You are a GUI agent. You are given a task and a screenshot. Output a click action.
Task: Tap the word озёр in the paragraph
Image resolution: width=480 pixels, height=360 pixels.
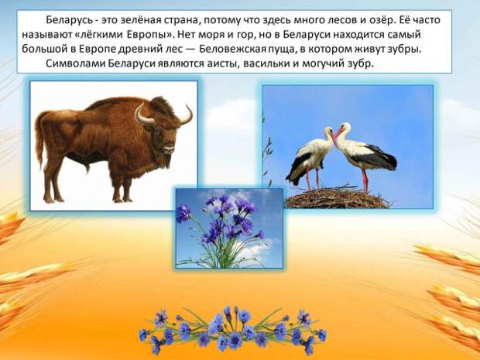379,20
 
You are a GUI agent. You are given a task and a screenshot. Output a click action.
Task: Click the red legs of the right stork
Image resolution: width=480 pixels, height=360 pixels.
365,180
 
